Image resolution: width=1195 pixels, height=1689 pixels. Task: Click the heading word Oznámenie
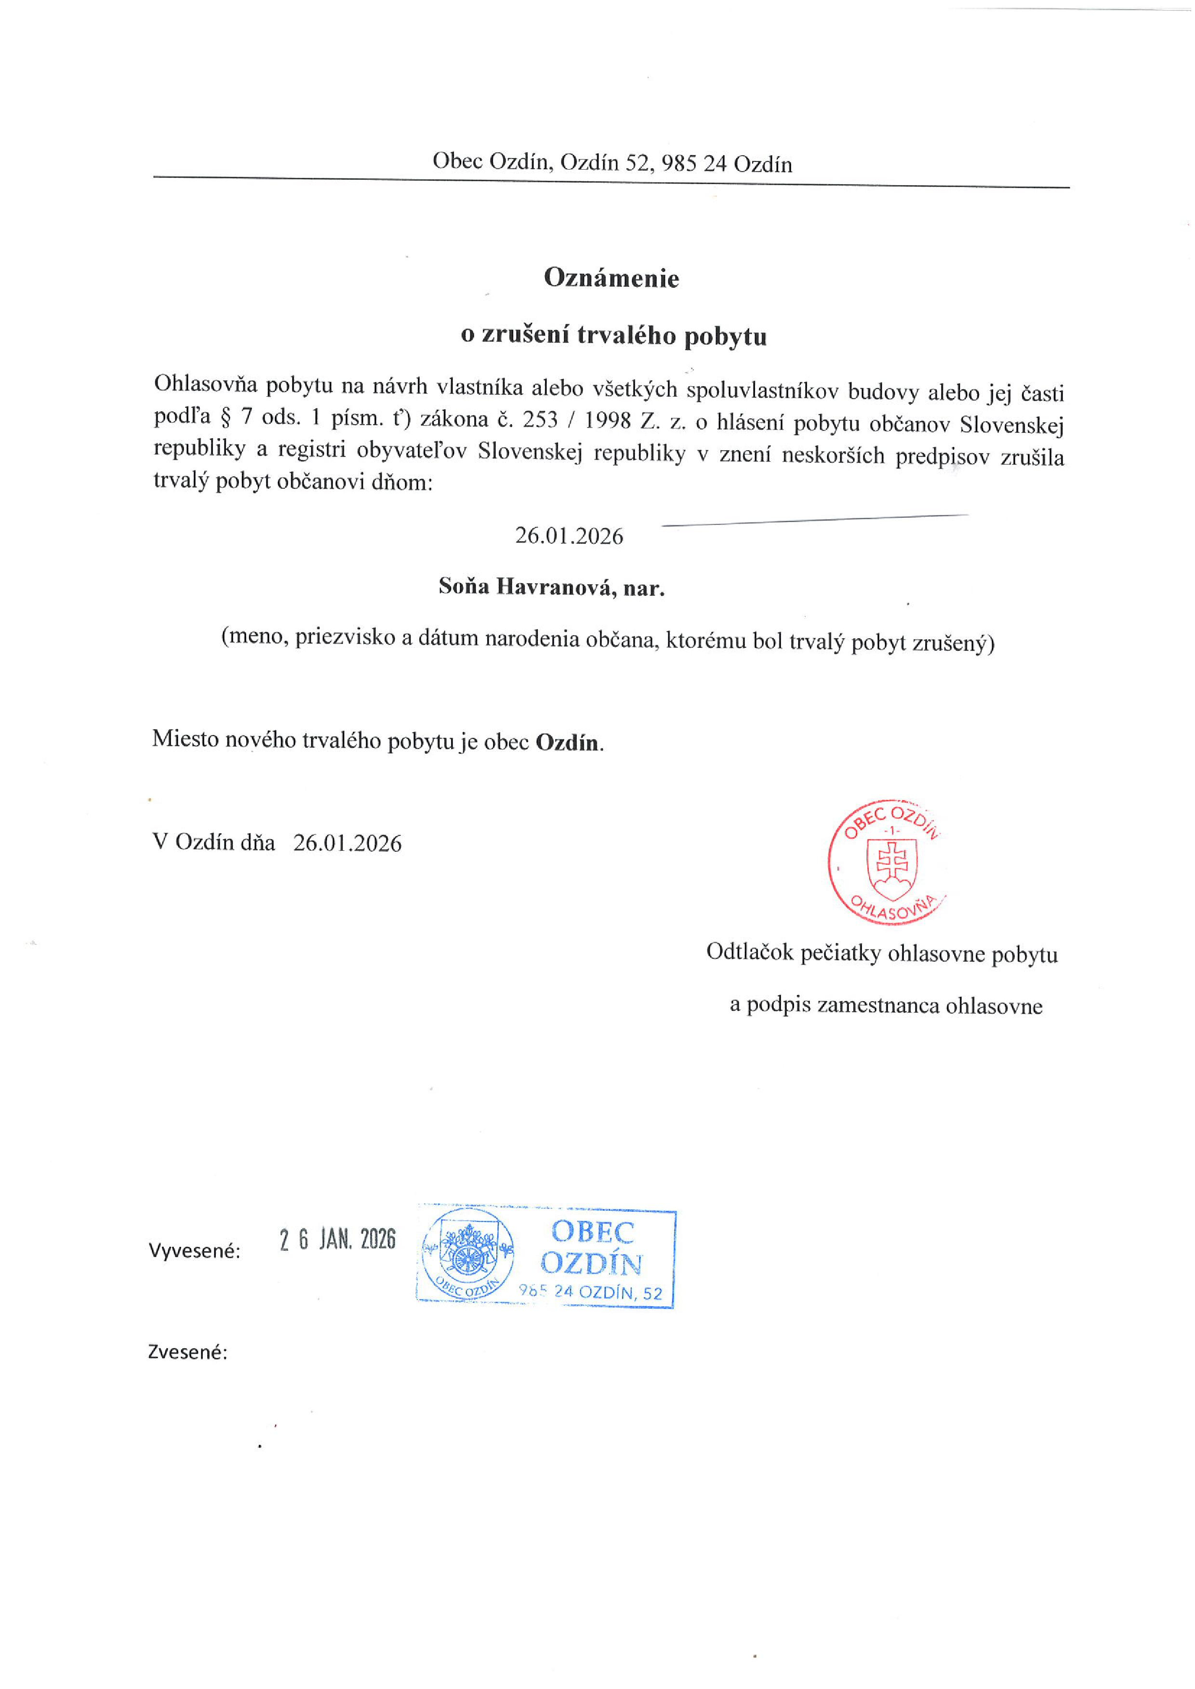[x=611, y=278]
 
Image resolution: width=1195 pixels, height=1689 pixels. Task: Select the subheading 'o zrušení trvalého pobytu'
[x=614, y=335]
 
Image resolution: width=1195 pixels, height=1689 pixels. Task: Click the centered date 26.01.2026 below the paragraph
[x=569, y=536]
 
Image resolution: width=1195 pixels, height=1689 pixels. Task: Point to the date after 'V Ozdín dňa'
[x=347, y=843]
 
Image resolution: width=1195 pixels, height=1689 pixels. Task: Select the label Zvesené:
[x=187, y=1352]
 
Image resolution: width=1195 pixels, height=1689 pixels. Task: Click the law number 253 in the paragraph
[x=540, y=419]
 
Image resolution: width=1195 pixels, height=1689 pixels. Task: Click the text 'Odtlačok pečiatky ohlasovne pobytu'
[x=881, y=953]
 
